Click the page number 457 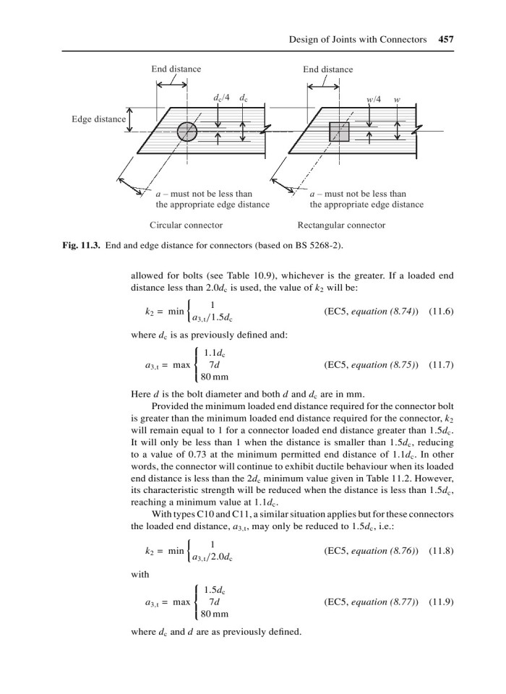coord(445,40)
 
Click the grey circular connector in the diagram coord(187,132)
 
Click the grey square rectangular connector coord(339,132)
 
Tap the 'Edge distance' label coord(98,119)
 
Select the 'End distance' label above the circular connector coord(176,69)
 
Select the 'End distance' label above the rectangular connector coord(328,69)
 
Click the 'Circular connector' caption coord(186,225)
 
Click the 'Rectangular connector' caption coord(341,225)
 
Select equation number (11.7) coord(441,364)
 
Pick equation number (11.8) coord(441,550)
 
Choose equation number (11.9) coord(441,601)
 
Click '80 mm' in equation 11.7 coord(214,377)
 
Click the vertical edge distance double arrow coord(130,121)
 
